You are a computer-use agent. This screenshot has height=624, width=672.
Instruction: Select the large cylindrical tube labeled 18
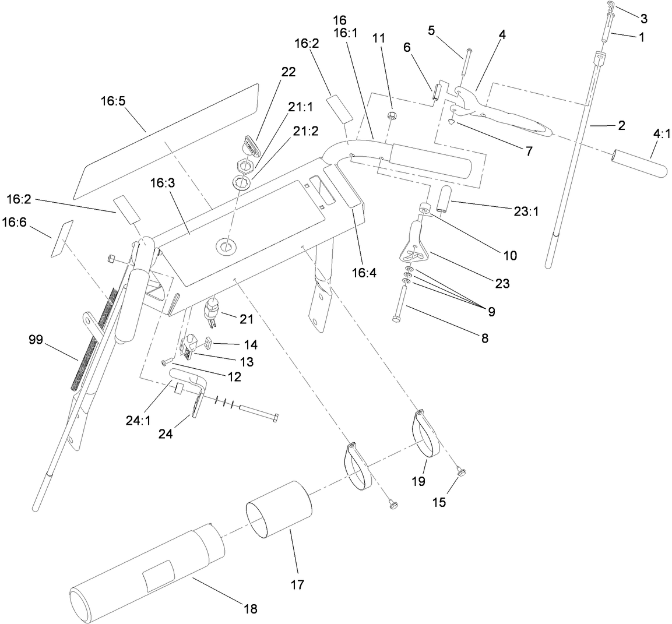click(x=146, y=571)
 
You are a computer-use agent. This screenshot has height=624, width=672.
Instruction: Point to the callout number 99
click(x=36, y=340)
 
